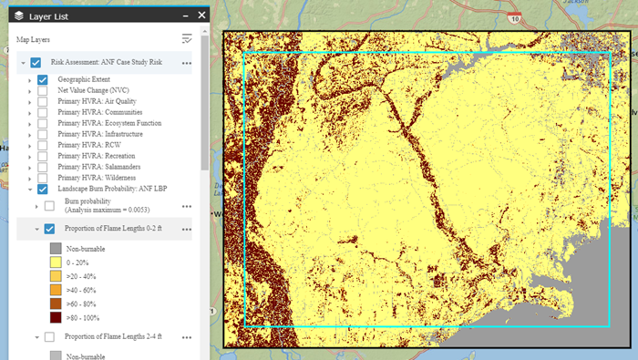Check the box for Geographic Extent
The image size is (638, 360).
43,80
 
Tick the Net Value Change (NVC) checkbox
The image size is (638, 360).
43,92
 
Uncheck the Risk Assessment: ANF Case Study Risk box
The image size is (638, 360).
36,63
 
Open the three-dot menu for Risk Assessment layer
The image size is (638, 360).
186,63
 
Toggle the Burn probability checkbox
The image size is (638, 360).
49,207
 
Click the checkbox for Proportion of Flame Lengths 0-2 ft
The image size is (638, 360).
49,229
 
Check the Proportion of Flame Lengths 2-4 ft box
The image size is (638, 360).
49,337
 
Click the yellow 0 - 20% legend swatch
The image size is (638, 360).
56,262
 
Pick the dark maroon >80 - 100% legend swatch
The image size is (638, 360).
56,317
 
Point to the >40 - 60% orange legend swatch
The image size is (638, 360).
56,290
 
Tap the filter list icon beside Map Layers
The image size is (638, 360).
187,38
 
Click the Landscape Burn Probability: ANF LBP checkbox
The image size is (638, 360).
43,189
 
